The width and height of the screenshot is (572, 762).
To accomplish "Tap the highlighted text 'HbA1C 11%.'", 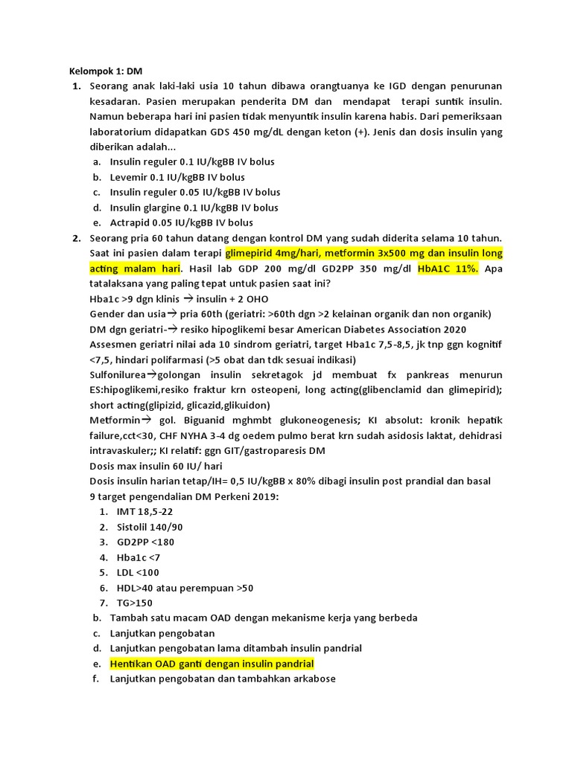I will pyautogui.click(x=449, y=269).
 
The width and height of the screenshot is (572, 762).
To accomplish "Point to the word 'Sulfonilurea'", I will pyautogui.click(x=118, y=374).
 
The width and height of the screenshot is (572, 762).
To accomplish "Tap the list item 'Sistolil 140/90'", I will pyautogui.click(x=150, y=527).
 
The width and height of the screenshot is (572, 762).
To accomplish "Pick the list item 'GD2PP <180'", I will pyautogui.click(x=146, y=542).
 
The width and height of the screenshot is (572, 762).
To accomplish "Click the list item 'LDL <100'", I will pyautogui.click(x=139, y=572).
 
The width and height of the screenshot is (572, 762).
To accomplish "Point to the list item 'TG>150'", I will pyautogui.click(x=135, y=603).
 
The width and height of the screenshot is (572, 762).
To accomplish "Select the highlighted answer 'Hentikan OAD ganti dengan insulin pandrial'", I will pyautogui.click(x=212, y=663).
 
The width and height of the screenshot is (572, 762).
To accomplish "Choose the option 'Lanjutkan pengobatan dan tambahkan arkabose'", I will pyautogui.click(x=223, y=679).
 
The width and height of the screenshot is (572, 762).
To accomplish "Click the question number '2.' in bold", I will pyautogui.click(x=77, y=238).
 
